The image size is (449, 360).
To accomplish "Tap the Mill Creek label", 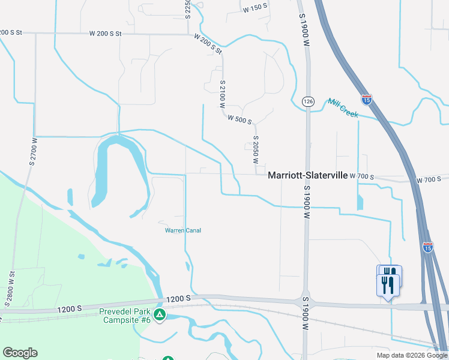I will (x=343, y=107).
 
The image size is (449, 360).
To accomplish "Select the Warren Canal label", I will (x=183, y=230).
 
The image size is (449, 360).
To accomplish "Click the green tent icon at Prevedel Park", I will (x=159, y=315).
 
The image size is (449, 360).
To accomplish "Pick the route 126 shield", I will (x=308, y=101).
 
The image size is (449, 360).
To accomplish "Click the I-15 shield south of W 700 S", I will (x=427, y=247).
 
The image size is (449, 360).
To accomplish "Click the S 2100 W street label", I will (x=223, y=94).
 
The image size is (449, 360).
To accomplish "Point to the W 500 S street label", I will (x=240, y=119).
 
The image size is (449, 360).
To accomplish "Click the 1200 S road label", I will (x=178, y=298).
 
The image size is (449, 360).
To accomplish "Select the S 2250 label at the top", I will (x=188, y=9).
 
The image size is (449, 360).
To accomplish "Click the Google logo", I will (x=20, y=353).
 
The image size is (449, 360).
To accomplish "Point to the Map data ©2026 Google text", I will (x=411, y=355).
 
